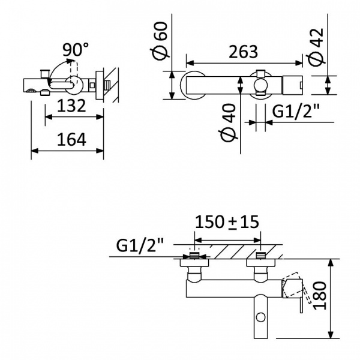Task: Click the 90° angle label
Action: [x=76, y=50]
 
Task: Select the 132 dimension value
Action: [x=71, y=106]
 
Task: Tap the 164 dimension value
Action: [x=71, y=139]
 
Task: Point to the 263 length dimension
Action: [x=244, y=52]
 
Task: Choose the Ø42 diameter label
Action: [x=317, y=47]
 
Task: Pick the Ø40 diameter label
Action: [x=228, y=122]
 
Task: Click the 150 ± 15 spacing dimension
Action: [x=227, y=222]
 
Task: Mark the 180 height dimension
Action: [x=320, y=296]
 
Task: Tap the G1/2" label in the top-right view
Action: [x=296, y=112]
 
